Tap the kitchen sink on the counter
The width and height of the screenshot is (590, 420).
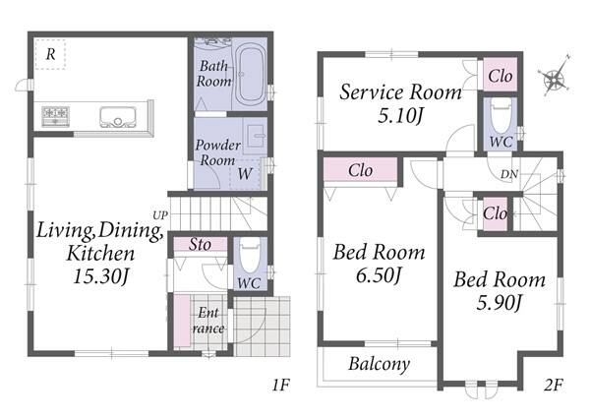118,117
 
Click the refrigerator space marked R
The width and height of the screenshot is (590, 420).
50,54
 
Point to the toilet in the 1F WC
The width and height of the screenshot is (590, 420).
250,256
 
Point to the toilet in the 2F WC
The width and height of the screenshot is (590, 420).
501,115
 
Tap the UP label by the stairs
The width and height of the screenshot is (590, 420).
160,215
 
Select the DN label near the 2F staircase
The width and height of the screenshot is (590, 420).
509,174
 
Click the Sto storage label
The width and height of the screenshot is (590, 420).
200,245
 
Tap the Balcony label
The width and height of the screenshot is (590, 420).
379,364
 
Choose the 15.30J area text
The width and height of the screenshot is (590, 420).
101,276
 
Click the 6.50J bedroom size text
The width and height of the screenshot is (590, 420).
379,275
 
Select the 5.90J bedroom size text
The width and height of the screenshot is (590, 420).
499,302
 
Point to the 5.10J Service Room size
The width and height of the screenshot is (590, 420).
400,116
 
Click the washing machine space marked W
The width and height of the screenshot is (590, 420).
245,174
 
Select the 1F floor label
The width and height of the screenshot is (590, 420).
280,385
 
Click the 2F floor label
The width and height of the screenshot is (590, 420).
554,385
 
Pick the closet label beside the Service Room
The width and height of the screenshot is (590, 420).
501,77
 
